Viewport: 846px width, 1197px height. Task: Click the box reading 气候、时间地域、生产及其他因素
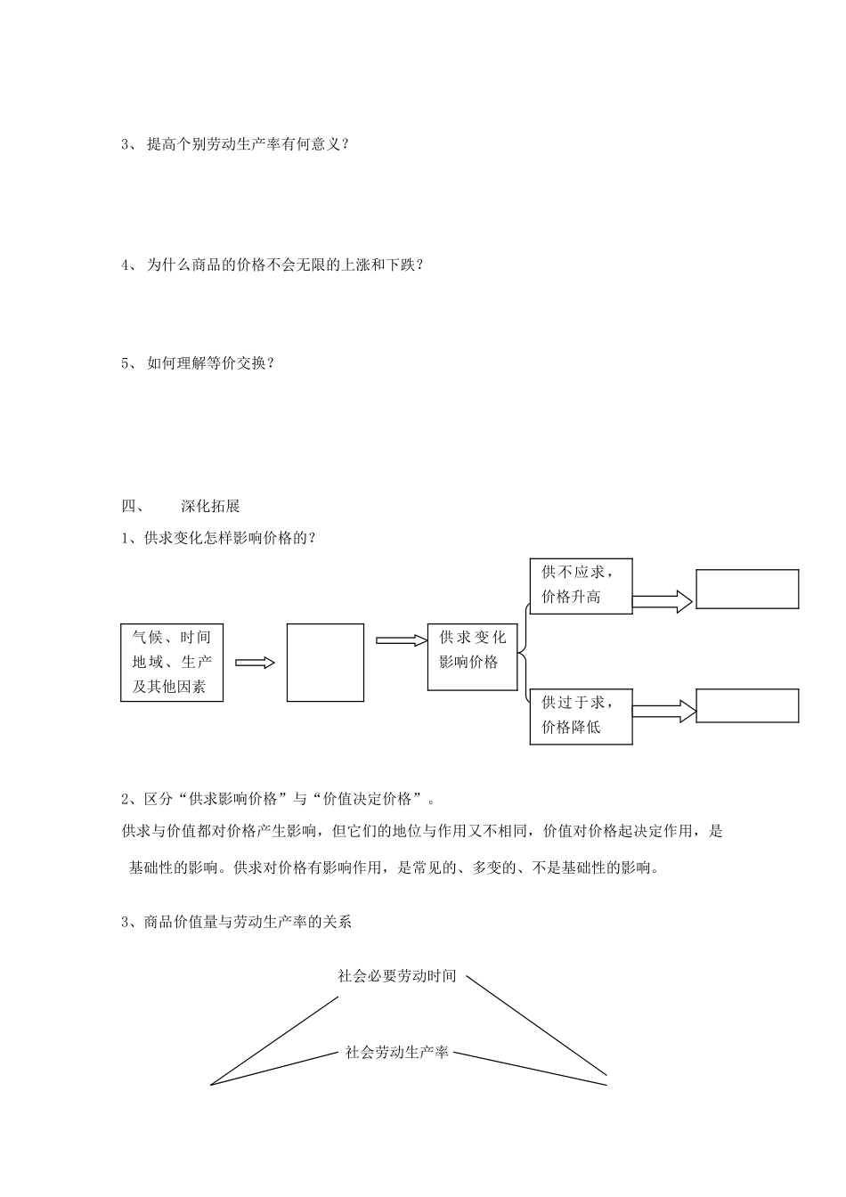coord(172,662)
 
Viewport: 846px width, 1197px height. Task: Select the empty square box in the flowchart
coord(325,662)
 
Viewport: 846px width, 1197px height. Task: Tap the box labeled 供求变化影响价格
coord(472,656)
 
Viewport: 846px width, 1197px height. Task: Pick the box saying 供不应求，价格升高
coord(581,585)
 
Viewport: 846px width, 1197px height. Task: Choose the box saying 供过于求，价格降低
coord(581,715)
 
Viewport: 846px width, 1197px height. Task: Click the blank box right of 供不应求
coord(747,589)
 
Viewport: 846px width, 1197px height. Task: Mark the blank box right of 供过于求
coord(747,705)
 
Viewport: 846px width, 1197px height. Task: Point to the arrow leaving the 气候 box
coord(255,662)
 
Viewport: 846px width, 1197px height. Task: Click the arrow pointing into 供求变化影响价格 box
coord(402,639)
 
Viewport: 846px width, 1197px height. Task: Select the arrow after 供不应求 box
coord(663,602)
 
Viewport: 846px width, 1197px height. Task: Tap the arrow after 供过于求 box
coord(663,711)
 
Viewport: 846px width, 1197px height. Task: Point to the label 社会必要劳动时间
coord(397,976)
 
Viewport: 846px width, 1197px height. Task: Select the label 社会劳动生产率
coord(397,1053)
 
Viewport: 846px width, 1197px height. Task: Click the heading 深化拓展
coord(210,506)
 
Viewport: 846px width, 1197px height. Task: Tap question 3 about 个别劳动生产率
coord(236,144)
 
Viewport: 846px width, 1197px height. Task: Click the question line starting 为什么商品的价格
coord(273,265)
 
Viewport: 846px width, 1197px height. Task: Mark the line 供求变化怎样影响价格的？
coord(221,538)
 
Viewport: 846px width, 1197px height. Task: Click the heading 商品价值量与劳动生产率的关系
coord(237,922)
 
